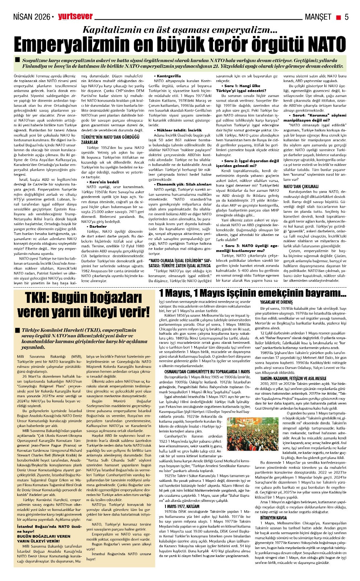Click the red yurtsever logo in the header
point(75,16)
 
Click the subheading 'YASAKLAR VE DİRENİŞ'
point(276,302)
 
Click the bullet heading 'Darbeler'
point(98,226)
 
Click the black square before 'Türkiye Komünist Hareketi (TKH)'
point(17,330)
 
